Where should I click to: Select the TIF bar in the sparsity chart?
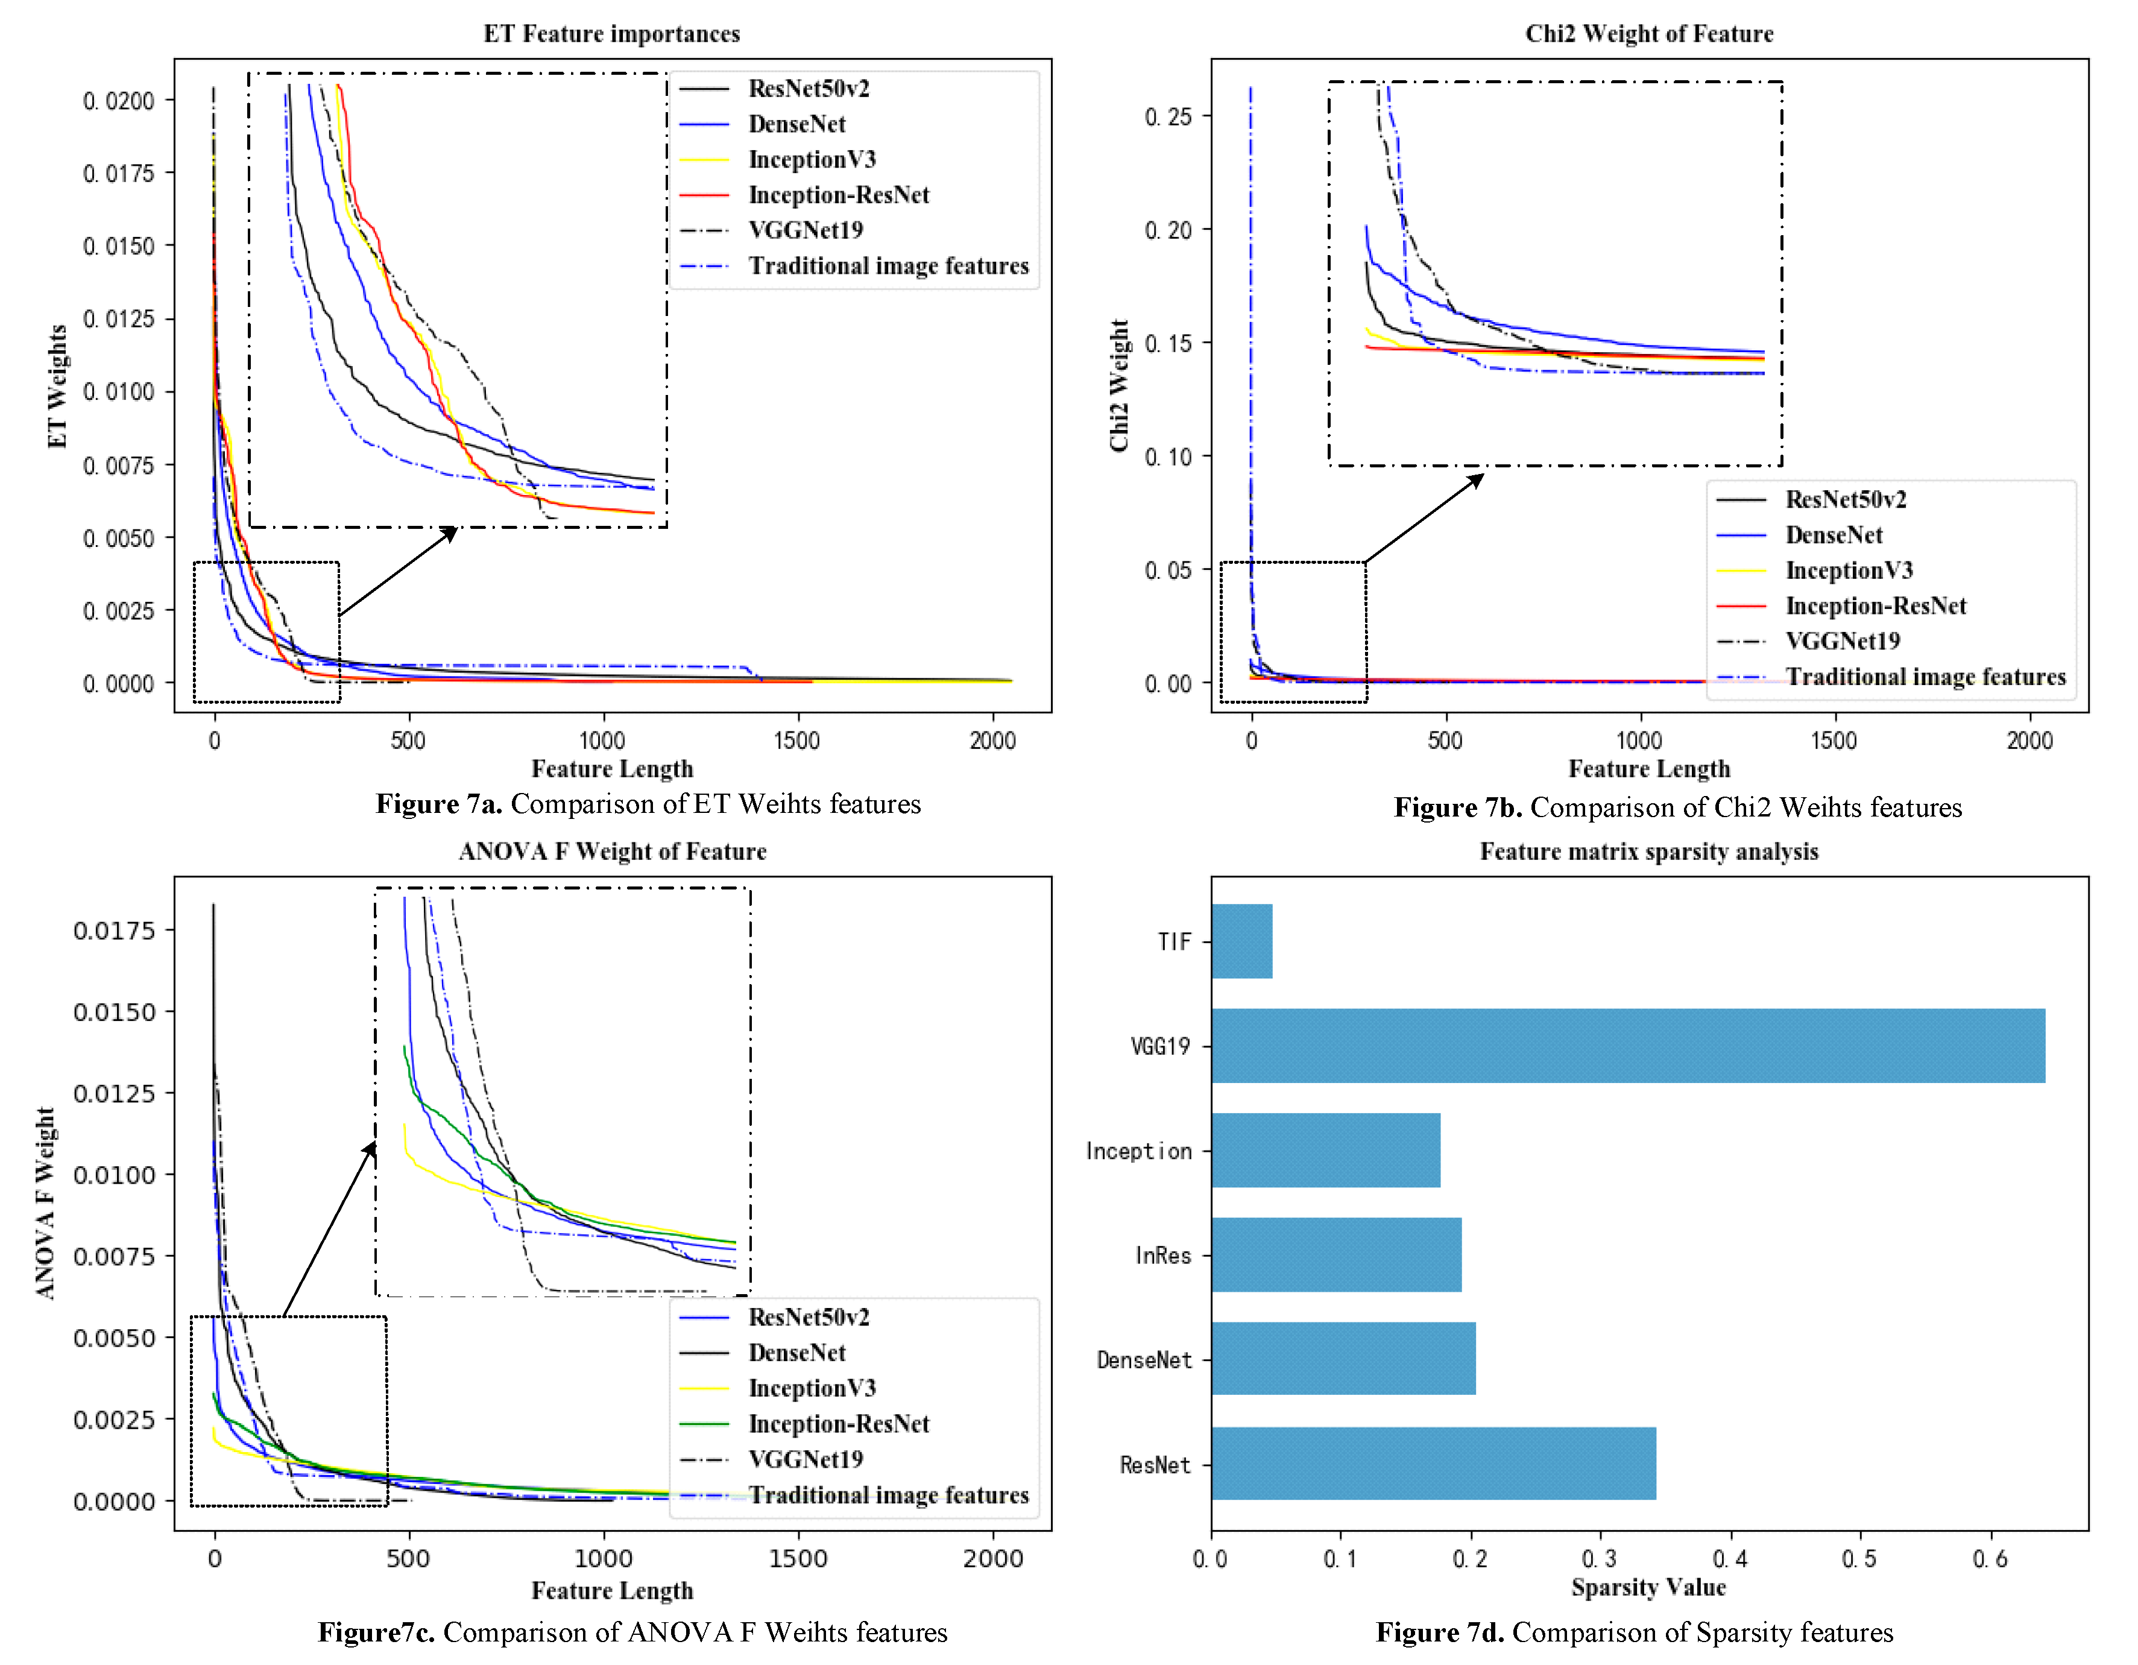pos(1241,941)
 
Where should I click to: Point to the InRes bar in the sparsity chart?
pos(1335,1255)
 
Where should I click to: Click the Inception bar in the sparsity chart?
pos(1325,1150)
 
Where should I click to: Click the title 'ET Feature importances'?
pos(612,34)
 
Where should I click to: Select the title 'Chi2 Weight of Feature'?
pos(1648,34)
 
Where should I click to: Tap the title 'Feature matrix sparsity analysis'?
pos(1648,851)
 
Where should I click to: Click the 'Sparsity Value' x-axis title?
pos(1648,1588)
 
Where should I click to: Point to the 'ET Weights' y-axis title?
pos(57,387)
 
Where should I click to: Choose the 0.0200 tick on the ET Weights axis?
pos(118,101)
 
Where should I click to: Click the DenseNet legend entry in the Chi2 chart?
pos(1834,534)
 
